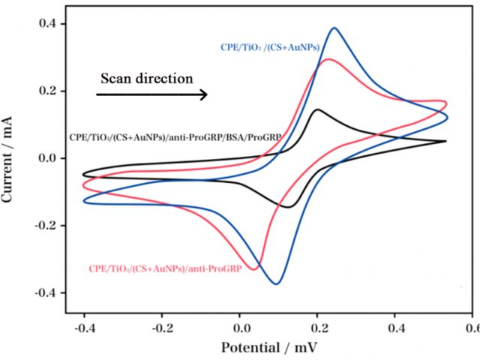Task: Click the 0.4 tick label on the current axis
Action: point(47,24)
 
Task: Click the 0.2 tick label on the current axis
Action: point(47,91)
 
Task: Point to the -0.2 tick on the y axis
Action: point(44,225)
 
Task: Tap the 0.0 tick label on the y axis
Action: point(47,158)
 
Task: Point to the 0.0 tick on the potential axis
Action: point(240,327)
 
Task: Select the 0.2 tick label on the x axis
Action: point(318,327)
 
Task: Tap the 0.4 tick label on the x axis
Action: point(395,327)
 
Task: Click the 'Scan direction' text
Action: point(147,78)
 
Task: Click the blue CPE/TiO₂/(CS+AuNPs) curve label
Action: point(269,47)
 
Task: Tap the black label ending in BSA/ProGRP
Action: point(175,137)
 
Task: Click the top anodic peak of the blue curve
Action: point(334,28)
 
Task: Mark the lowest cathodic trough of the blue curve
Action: point(277,283)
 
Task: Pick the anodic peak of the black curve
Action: point(318,110)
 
